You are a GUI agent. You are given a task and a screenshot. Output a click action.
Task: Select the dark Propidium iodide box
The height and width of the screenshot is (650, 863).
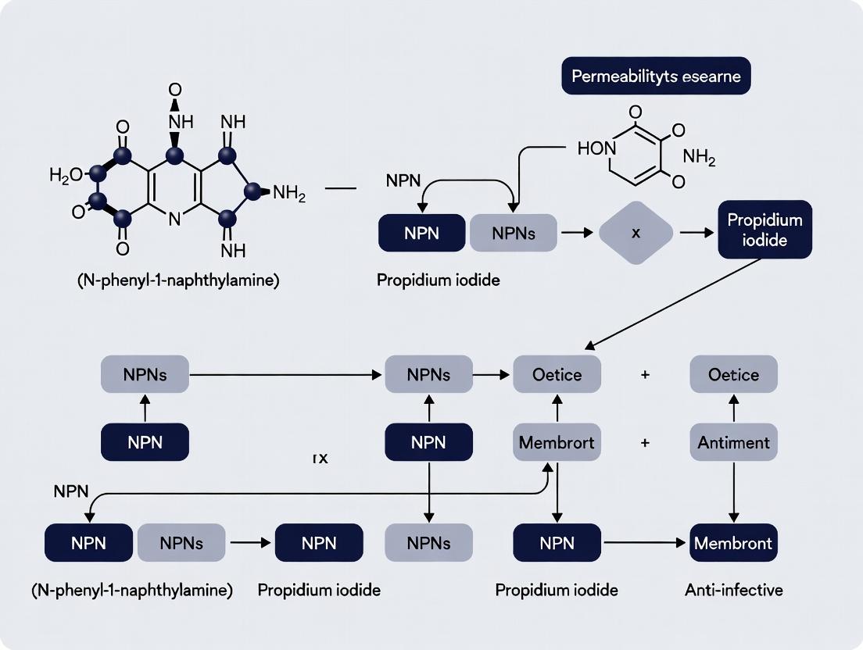coord(765,230)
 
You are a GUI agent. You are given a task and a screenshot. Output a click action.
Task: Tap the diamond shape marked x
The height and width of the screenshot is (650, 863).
coord(636,232)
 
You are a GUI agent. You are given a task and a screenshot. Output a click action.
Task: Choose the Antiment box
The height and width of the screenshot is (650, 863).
coord(733,443)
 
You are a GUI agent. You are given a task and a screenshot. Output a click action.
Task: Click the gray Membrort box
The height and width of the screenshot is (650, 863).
coord(557,443)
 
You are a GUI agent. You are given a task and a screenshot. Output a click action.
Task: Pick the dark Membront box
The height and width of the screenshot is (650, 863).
coord(733,543)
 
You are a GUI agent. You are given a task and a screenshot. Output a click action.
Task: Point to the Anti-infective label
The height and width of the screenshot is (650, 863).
coord(733,590)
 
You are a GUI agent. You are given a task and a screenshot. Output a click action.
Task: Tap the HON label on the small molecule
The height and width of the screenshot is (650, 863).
coord(597,148)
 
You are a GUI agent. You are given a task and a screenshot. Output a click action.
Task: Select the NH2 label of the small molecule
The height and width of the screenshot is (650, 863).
coord(698,156)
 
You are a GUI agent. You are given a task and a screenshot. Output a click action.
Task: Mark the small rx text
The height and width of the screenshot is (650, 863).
coord(320,459)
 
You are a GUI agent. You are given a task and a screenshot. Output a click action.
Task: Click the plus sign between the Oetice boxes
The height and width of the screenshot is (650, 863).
coord(645,375)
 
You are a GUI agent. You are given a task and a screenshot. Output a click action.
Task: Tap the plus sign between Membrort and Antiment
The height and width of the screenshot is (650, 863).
coord(645,443)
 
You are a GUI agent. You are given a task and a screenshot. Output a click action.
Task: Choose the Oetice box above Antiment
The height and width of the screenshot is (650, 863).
coord(733,375)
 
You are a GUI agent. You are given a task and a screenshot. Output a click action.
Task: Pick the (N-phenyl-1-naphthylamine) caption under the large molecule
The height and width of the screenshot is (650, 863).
coord(178,280)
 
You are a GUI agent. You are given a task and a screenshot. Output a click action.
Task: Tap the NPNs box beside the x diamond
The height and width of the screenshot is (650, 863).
coord(513,232)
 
